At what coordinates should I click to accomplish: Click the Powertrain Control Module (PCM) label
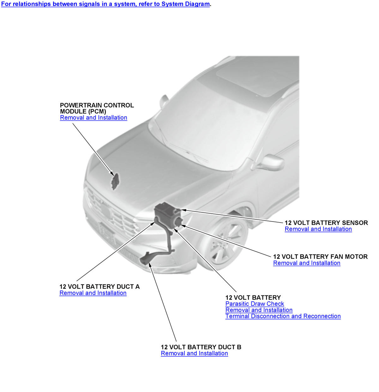97,108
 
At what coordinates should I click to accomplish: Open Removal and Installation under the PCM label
93,118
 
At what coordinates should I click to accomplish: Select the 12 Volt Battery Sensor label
326,223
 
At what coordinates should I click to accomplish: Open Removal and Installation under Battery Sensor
318,229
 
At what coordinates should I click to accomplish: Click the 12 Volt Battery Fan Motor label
320,257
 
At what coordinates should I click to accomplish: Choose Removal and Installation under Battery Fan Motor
307,263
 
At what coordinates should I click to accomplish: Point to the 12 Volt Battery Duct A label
99,287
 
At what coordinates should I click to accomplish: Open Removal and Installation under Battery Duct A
93,293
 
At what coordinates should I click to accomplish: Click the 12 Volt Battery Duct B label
201,347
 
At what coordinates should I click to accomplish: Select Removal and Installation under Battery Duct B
194,353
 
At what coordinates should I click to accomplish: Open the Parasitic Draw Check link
255,304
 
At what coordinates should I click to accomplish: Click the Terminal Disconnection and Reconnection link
283,316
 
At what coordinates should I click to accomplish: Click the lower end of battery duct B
144,260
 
